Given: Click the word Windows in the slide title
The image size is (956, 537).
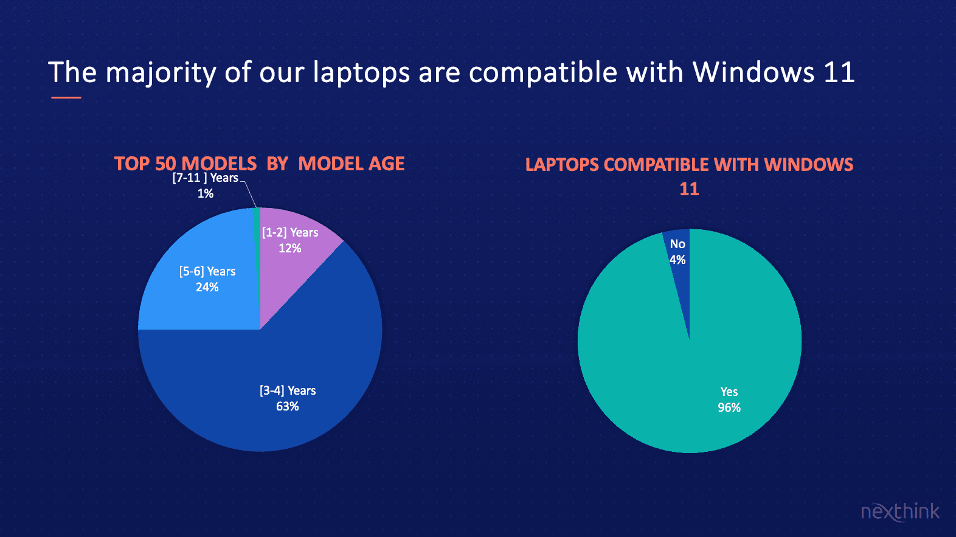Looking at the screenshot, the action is [753, 72].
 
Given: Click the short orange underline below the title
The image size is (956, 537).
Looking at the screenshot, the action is [66, 98].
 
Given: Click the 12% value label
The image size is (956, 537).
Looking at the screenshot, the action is [290, 249].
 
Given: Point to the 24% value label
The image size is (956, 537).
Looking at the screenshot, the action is [207, 287].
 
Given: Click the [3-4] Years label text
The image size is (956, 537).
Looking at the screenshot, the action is [288, 390].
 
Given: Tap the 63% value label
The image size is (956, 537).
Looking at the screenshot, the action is [288, 406].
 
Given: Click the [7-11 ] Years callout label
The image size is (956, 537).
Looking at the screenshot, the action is [206, 178].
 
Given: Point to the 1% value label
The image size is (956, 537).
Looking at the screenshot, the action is [206, 194].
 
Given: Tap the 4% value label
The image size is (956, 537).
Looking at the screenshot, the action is [677, 260].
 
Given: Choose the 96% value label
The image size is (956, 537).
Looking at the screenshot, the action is [729, 407].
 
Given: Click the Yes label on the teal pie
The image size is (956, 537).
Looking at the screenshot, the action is [729, 392].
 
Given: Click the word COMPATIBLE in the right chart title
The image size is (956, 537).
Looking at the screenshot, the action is [657, 165].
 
